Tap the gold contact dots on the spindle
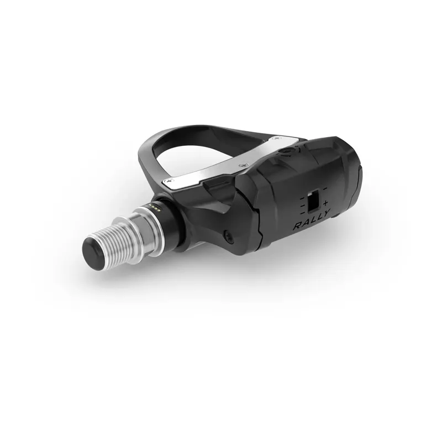155,206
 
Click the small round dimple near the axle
226,237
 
